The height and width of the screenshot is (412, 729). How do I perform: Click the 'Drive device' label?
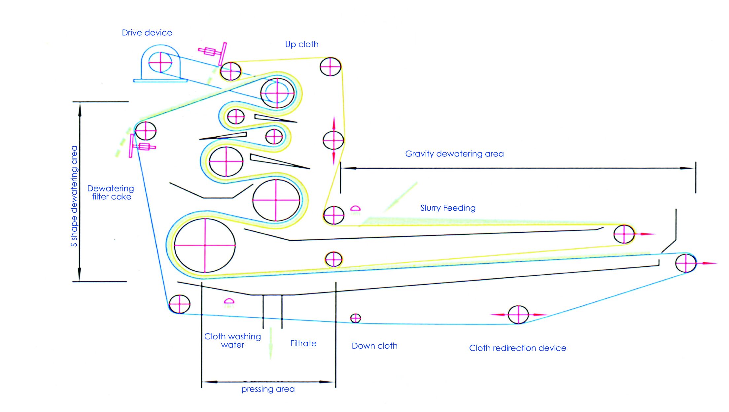pos(147,33)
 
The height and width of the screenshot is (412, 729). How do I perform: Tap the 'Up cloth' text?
pos(302,44)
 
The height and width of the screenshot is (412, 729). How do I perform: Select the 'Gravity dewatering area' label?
pos(454,154)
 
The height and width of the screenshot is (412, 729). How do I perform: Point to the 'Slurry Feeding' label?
pos(448,208)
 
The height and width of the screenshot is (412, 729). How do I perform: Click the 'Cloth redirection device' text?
pos(517,348)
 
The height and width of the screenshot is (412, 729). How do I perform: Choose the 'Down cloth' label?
pos(374,346)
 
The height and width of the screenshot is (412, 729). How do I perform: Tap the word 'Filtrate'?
pos(303,343)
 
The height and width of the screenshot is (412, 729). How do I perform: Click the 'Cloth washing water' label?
pos(232,340)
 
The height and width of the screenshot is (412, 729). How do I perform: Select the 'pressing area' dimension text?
pos(268,389)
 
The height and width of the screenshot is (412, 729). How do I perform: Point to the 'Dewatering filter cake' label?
pos(111,192)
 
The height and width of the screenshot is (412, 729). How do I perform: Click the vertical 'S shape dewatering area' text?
pos(74,196)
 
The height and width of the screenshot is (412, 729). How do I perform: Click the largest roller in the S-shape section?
pos(205,245)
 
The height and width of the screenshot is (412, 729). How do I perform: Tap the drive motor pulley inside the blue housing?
pos(160,62)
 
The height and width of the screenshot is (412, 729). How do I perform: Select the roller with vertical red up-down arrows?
pos(333,140)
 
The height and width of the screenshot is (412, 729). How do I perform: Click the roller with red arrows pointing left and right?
pos(518,315)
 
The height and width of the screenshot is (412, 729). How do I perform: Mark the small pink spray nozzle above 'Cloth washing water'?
pos(229,301)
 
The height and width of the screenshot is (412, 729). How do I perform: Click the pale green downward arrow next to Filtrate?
pos(271,343)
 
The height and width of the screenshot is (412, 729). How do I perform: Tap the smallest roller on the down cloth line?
pos(356,318)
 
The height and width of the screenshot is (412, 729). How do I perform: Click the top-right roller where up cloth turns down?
pos(330,66)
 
